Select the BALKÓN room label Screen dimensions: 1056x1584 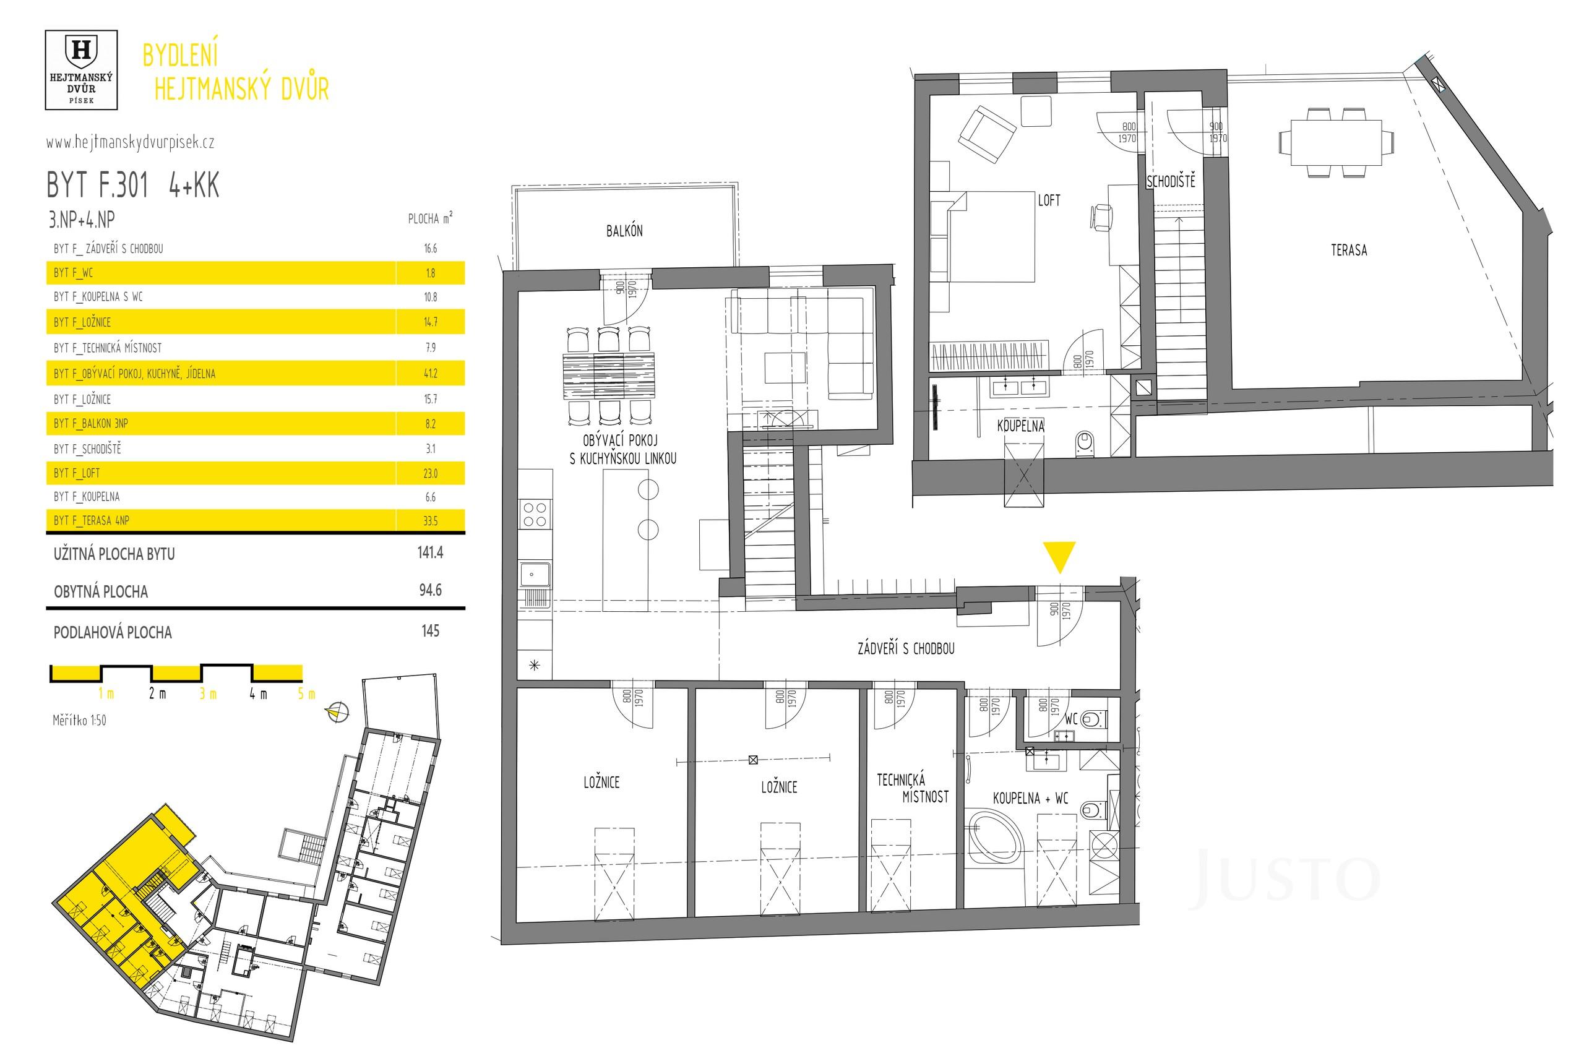tap(624, 231)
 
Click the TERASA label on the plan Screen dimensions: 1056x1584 tap(1348, 250)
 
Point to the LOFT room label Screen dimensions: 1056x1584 tap(1049, 200)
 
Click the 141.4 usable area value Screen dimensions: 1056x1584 tap(431, 553)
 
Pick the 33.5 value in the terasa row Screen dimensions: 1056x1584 tap(431, 521)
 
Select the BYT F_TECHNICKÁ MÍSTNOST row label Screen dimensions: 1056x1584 tap(108, 348)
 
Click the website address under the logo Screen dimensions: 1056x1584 tap(130, 143)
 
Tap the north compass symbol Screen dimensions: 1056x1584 tap(336, 712)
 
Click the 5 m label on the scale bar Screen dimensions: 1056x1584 tap(306, 693)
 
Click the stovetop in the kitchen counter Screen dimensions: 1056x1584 tap(535, 515)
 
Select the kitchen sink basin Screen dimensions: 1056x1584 tap(534, 575)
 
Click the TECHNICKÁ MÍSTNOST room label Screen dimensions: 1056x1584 tap(912, 789)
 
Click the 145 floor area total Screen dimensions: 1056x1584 tap(431, 631)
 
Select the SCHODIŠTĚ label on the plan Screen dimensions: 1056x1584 tap(1171, 181)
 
